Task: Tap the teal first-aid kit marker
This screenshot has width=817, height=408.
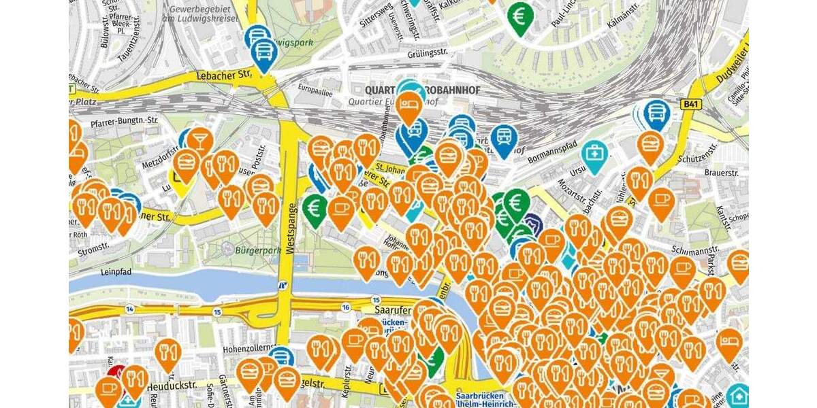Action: pyautogui.click(x=595, y=154)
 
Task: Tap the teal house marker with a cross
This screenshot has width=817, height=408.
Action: pyautogui.click(x=738, y=395)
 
